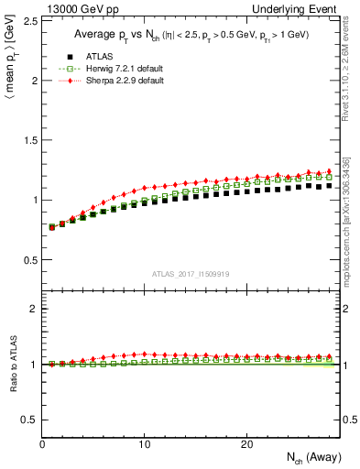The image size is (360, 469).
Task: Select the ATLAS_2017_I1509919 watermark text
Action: [x=191, y=273]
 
